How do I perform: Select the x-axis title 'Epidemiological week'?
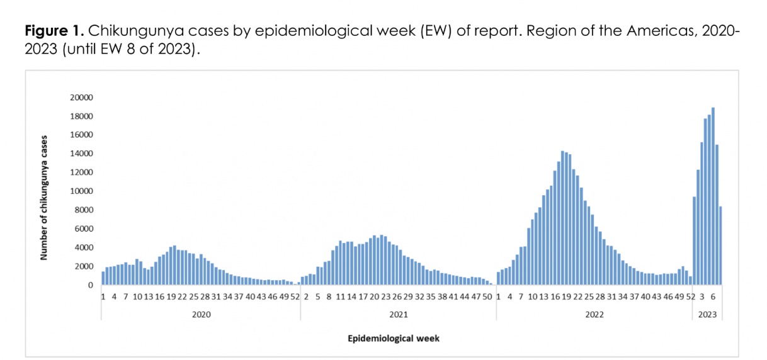coord(394,339)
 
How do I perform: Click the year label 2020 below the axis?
coord(201,314)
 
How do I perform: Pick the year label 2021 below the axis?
coord(398,314)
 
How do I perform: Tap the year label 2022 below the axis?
coord(594,314)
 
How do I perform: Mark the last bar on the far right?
coord(720,246)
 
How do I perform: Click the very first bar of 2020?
coord(103,278)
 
